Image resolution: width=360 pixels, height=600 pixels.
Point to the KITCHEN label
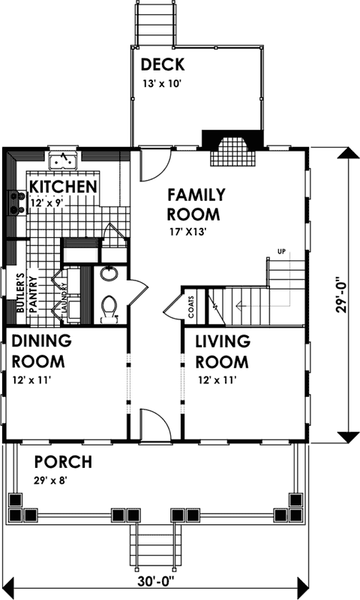click(x=62, y=186)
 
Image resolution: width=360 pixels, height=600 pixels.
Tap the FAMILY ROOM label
click(x=196, y=205)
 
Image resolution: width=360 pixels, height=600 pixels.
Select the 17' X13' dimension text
click(x=187, y=232)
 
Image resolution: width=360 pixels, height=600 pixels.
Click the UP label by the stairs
click(x=282, y=250)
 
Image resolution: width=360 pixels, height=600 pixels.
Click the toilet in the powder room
click(x=110, y=307)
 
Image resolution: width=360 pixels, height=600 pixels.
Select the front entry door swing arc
click(x=155, y=422)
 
